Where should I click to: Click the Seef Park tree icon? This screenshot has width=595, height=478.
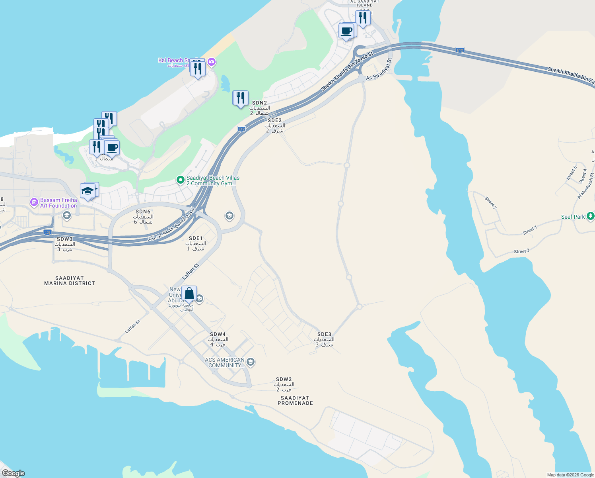tap(591, 216)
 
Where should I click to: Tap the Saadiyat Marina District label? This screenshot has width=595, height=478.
tap(70, 281)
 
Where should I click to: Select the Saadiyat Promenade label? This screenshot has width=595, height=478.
tap(295, 401)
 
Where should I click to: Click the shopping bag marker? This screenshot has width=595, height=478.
tap(189, 294)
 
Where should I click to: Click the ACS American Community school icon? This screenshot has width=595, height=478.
tap(251, 362)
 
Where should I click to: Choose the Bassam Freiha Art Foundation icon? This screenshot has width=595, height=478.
tap(34, 202)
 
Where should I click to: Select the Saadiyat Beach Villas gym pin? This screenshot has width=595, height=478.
tap(181, 180)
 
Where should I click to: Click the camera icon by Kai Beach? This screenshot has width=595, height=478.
tap(212, 62)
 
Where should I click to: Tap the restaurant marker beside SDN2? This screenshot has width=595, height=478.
tap(240, 98)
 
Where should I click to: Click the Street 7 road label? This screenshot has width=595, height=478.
tap(490, 202)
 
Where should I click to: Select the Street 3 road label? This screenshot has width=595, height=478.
tap(521, 251)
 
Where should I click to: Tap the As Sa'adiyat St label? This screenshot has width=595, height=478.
tap(379, 69)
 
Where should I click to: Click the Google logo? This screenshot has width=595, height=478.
tap(13, 473)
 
